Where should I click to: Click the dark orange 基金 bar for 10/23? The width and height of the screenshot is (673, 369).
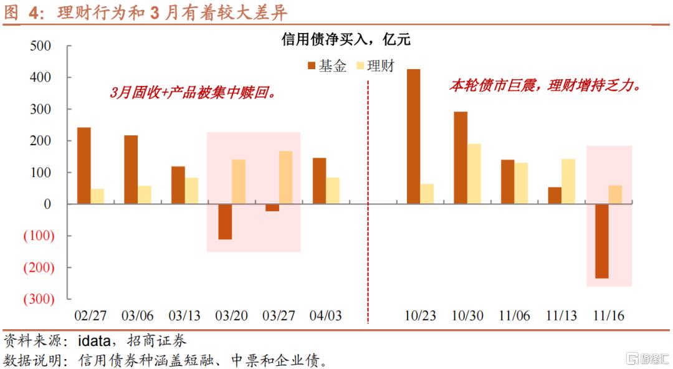413,136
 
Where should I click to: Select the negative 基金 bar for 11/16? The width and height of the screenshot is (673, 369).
602,241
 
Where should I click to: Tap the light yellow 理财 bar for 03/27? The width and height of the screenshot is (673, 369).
285,177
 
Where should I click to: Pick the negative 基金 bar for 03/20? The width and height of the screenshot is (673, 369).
225,221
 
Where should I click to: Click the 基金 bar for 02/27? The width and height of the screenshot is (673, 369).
84,165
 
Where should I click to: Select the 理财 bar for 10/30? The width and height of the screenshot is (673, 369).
474,173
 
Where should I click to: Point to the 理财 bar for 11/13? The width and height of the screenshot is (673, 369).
568,181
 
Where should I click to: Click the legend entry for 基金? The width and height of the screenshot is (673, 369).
327,66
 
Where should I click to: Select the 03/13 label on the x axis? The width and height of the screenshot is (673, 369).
185,315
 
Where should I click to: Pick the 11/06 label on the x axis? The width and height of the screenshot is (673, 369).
514,315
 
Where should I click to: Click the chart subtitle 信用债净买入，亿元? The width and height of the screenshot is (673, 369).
346,41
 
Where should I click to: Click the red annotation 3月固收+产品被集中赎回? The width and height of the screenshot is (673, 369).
193,93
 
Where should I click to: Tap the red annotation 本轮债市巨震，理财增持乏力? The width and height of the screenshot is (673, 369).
545,86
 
